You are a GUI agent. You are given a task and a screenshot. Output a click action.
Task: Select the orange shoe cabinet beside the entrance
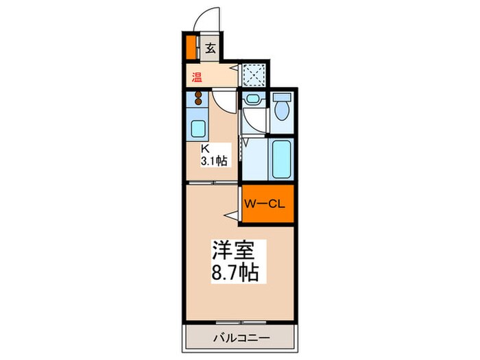(x=191, y=47)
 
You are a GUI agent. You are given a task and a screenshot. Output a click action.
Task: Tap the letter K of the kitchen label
(x=204, y=149)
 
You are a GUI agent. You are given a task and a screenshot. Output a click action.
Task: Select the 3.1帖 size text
(x=214, y=161)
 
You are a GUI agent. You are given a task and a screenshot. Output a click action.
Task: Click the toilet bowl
(x=281, y=108)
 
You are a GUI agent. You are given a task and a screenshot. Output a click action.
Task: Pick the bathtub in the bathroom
(x=281, y=160)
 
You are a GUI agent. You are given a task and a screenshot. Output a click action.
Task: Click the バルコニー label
(x=239, y=337)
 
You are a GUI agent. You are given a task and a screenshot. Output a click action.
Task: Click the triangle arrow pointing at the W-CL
(x=234, y=215)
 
